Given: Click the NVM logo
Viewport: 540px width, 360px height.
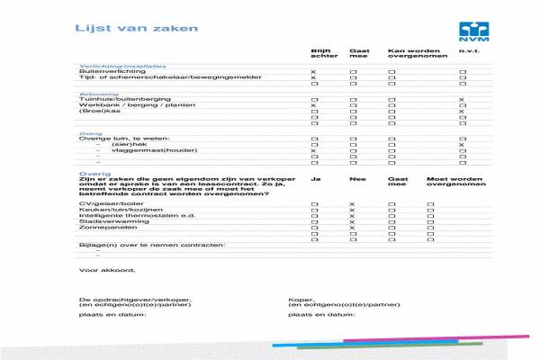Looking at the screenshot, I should [x=471, y=32].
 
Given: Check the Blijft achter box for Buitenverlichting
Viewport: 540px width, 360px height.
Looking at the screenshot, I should [x=313, y=71].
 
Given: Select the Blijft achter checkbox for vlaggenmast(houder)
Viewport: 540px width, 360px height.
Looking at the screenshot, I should [x=313, y=150].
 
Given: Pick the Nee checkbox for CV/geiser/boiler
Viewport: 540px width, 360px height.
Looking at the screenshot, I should [x=352, y=205].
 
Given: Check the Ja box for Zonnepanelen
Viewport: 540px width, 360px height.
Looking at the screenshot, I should [x=313, y=228].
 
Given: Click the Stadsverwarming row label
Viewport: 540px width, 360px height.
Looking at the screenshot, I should [x=106, y=222].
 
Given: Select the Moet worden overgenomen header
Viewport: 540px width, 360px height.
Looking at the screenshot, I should [x=448, y=183].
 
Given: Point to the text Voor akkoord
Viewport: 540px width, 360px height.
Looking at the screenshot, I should [x=106, y=269].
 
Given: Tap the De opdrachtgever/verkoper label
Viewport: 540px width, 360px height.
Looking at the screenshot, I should [x=135, y=299].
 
